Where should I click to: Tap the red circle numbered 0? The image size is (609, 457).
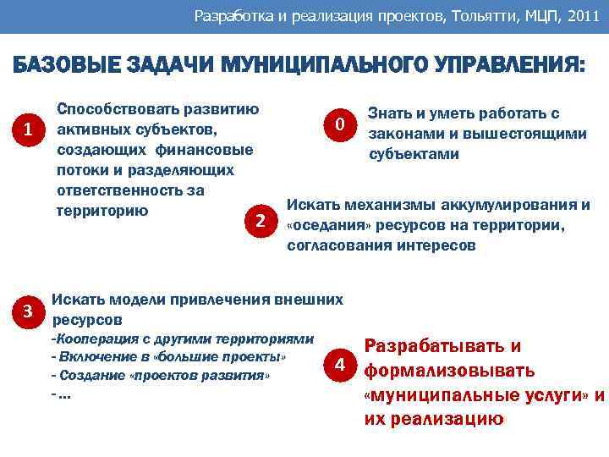[338, 125]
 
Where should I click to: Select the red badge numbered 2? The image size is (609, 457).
[261, 220]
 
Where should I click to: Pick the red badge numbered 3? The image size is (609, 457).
[29, 310]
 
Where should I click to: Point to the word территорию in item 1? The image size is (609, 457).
[101, 210]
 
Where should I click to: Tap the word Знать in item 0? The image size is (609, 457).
[390, 114]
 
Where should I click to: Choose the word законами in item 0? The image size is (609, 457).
[403, 134]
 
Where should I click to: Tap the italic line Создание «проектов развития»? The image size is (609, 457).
[161, 374]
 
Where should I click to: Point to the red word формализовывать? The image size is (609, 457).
[449, 371]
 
